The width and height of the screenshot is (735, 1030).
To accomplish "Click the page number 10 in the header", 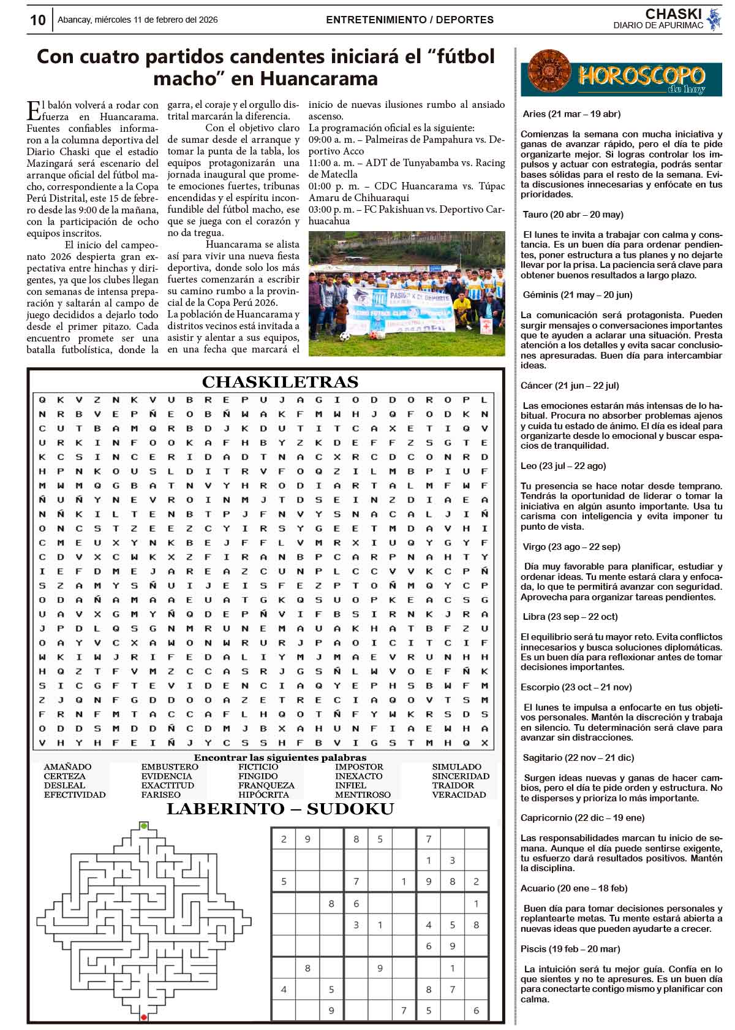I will [38, 20].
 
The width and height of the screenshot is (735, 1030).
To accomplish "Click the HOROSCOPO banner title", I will [641, 76].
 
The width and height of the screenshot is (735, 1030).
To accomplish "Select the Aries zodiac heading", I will [571, 114].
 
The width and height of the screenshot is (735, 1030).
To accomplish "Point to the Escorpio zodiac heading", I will [576, 687].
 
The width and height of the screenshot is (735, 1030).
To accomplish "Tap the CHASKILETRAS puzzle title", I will [280, 383].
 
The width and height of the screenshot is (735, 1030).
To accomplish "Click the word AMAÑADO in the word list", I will [67, 767].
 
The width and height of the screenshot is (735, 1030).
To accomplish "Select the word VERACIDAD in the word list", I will [459, 795].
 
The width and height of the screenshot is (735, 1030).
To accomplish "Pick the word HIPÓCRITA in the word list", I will [263, 795].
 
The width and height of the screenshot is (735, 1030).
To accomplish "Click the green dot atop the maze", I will [144, 826].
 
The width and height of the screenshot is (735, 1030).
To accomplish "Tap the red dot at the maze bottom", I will [143, 1018].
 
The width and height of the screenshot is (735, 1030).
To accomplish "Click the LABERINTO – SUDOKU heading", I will [280, 809].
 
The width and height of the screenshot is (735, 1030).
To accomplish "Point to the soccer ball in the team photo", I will [344, 337].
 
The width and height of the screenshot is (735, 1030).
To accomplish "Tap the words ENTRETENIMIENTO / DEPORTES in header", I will [410, 20].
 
